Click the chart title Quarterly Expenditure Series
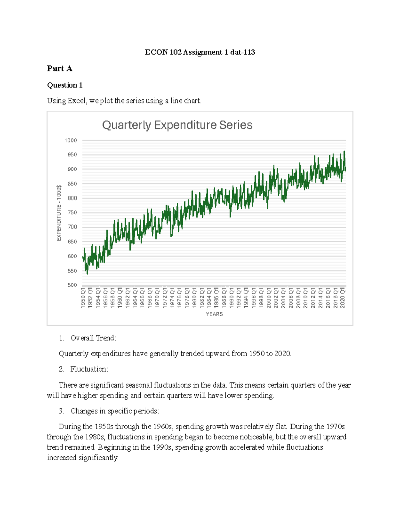177,125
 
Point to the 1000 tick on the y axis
71,140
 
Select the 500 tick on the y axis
72,285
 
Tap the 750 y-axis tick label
72,213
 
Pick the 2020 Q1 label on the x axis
343,298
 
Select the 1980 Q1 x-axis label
194,298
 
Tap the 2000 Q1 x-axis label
269,298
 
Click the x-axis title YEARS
214,314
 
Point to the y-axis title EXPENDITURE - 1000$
59,213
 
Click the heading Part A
60,68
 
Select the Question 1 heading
65,85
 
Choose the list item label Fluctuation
89,369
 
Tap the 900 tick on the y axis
72,169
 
